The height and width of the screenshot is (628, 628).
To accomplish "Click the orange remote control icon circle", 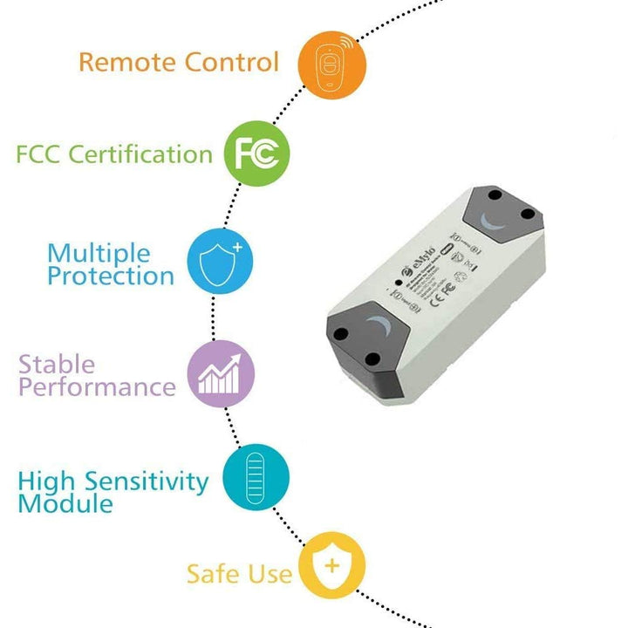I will (x=332, y=64).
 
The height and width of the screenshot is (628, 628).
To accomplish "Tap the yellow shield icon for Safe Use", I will (x=331, y=565).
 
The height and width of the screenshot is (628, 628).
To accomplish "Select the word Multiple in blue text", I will (x=98, y=254).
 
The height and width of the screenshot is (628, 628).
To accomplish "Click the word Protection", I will (x=110, y=276).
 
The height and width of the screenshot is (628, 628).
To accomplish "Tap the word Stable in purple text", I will (x=57, y=364).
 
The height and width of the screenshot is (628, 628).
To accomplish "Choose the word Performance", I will (x=97, y=386).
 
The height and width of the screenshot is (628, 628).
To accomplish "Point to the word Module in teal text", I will (x=65, y=503).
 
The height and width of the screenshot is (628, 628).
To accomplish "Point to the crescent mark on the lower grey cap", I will (x=381, y=330).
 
